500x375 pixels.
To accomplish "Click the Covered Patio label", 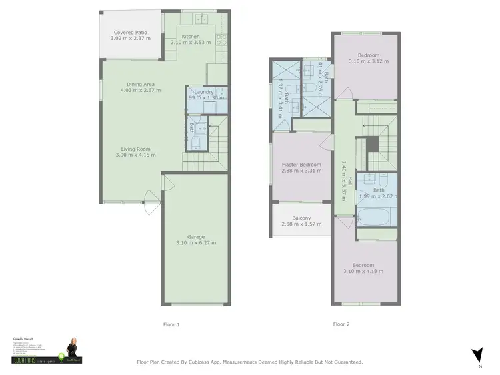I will tap(130, 32).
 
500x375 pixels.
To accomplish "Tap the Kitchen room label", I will tap(191, 36).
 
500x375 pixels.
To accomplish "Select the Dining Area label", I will tap(141, 84).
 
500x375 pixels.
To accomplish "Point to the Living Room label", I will tap(135, 149).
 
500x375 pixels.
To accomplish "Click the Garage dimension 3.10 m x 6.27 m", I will tap(196, 242).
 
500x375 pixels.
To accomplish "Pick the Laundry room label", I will tap(204, 91).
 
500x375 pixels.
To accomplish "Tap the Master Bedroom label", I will tap(301, 165).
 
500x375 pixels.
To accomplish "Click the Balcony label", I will tap(301, 218).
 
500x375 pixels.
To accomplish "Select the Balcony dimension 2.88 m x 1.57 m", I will tap(301, 224).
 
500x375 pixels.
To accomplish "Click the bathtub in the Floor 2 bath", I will tap(377, 216).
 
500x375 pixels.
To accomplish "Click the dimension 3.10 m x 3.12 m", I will tap(368, 61).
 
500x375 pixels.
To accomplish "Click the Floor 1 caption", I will tap(171, 324).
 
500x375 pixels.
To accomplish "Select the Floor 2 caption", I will tap(341, 324).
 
